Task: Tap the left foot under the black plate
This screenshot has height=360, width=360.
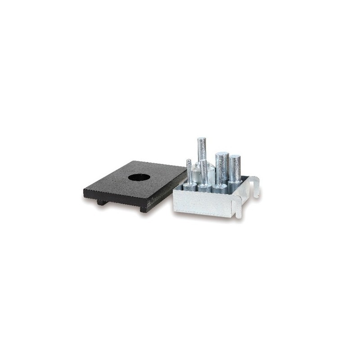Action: click(x=102, y=202)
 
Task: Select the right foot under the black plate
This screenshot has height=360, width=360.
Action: click(x=144, y=209)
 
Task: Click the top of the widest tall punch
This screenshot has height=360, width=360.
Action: click(x=221, y=155)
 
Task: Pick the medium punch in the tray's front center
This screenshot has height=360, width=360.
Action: click(x=205, y=173)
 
